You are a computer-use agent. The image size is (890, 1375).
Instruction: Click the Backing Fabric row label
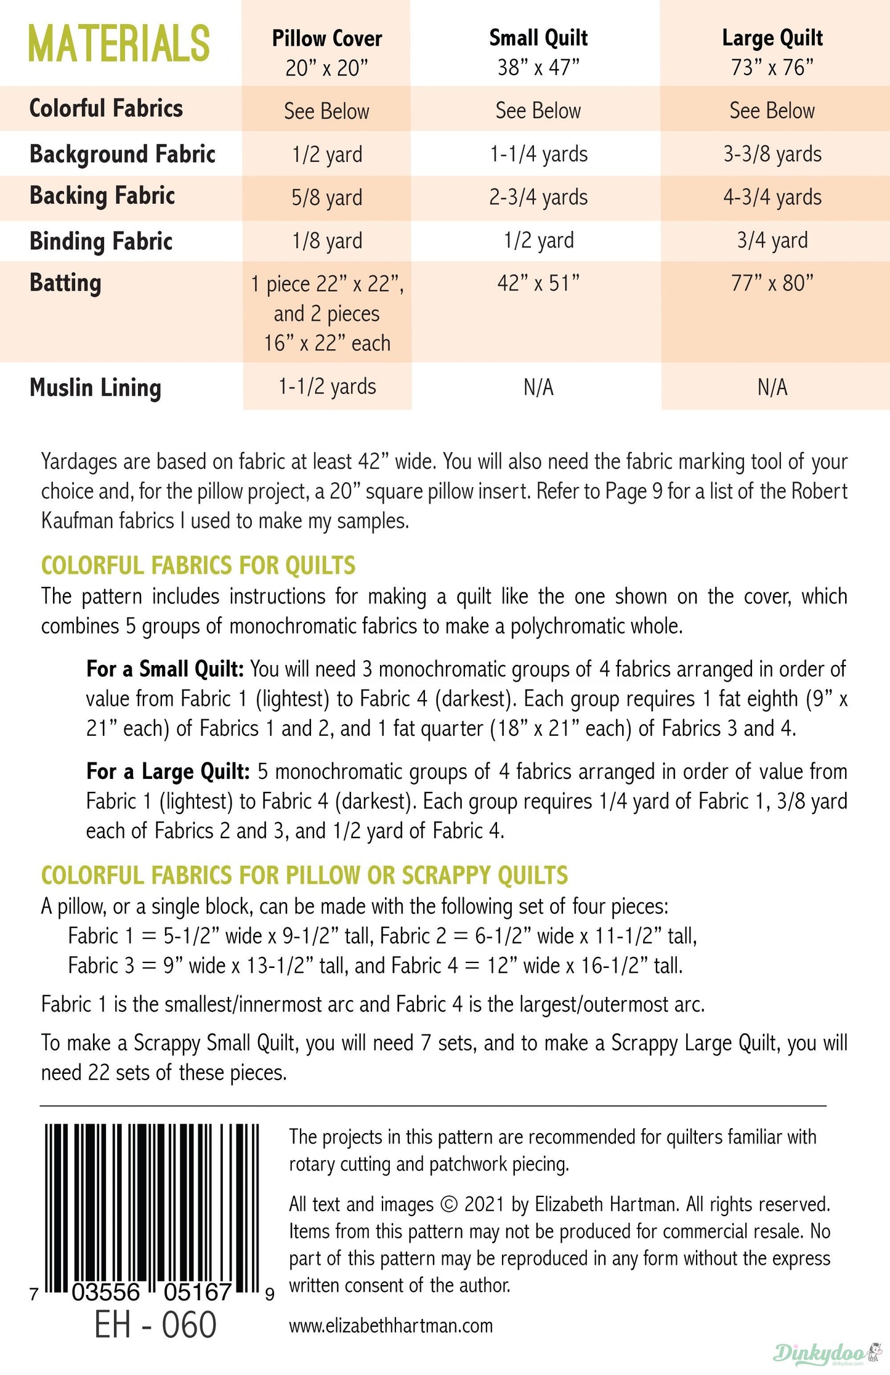coord(102,196)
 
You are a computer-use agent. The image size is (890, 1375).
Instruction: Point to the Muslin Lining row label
coord(95,388)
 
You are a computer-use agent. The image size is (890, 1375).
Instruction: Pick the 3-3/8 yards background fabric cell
coord(772,154)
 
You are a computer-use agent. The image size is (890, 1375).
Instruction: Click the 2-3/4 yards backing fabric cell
coord(538,197)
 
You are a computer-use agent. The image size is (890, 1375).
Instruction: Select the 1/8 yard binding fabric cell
coord(326,241)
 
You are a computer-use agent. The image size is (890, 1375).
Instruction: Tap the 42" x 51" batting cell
coord(538,283)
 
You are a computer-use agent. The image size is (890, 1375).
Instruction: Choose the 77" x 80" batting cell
coord(772,283)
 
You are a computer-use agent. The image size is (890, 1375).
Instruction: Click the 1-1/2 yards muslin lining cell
coord(326,387)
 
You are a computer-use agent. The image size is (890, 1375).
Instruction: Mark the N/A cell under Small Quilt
coord(538,387)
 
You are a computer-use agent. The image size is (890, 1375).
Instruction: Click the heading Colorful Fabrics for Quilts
coord(198,565)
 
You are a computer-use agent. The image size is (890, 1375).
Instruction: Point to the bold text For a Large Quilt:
coord(168,772)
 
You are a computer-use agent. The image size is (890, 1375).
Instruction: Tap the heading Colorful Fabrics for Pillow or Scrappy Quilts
coord(304,875)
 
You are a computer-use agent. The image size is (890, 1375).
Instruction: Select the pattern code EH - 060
coord(155,1325)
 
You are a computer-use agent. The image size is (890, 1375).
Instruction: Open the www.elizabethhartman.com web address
coord(391,1325)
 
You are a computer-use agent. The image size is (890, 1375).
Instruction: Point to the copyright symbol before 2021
coord(450,1204)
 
